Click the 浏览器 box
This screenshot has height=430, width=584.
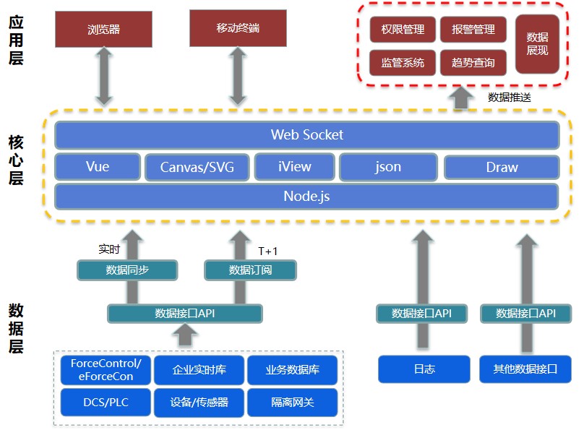[x=103, y=30]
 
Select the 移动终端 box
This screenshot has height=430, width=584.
[x=237, y=28]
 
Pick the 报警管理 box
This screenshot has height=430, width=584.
[x=473, y=30]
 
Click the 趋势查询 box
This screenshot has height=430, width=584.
[x=473, y=63]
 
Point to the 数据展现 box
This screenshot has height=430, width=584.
[x=537, y=44]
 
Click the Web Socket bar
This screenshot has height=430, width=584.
[x=306, y=135]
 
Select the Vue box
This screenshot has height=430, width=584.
[x=97, y=167]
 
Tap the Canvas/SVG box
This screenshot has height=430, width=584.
[x=197, y=168]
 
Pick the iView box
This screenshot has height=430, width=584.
[x=294, y=167]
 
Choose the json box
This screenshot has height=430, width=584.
[x=387, y=167]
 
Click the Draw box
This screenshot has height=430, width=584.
[x=502, y=168]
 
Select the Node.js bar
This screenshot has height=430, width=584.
[x=306, y=196]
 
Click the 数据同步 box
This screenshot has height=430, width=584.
[x=127, y=270]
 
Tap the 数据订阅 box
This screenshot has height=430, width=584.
[x=250, y=270]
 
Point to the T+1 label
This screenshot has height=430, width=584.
[x=267, y=251]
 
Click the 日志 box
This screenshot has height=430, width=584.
[x=424, y=369]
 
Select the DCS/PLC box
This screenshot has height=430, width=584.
[x=106, y=403]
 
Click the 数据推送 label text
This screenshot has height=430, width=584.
[x=510, y=97]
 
